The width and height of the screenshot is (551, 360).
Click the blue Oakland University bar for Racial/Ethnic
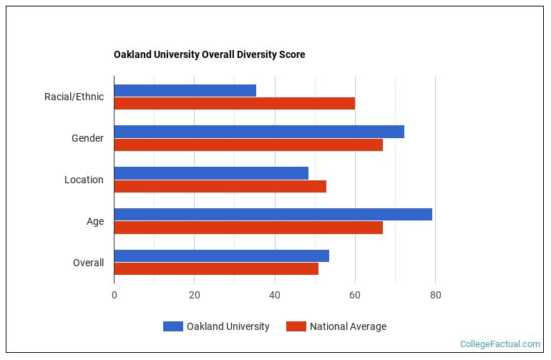[185, 90]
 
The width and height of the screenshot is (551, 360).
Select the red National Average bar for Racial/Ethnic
[234, 103]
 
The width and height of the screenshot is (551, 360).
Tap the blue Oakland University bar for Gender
[258, 132]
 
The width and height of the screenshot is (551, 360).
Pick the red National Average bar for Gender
[248, 145]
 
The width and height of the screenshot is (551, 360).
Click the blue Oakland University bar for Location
[210, 173]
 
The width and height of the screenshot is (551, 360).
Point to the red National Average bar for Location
[220, 186]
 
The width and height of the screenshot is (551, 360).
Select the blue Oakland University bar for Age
[273, 215]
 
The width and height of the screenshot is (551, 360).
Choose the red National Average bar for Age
[248, 228]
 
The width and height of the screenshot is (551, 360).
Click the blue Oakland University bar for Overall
[221, 256]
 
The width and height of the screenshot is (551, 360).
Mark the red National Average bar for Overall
[215, 269]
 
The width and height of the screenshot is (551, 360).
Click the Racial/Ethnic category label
[74, 97]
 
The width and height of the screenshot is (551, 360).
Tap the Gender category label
[87, 138]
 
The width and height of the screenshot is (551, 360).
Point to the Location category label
[84, 180]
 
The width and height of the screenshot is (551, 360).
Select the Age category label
[95, 221]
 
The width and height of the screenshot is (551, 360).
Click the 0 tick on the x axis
[114, 294]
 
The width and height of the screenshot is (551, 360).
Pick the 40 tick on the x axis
[274, 294]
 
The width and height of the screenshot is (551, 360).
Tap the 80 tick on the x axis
[434, 294]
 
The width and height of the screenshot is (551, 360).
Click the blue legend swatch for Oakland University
[172, 326]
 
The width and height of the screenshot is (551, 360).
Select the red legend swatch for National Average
[296, 326]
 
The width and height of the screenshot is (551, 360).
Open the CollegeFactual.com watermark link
[499, 344]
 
